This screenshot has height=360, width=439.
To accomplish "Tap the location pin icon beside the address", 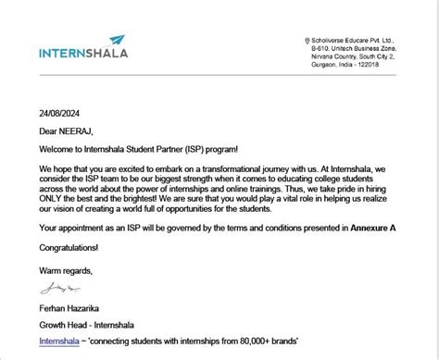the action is coord(307,41).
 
